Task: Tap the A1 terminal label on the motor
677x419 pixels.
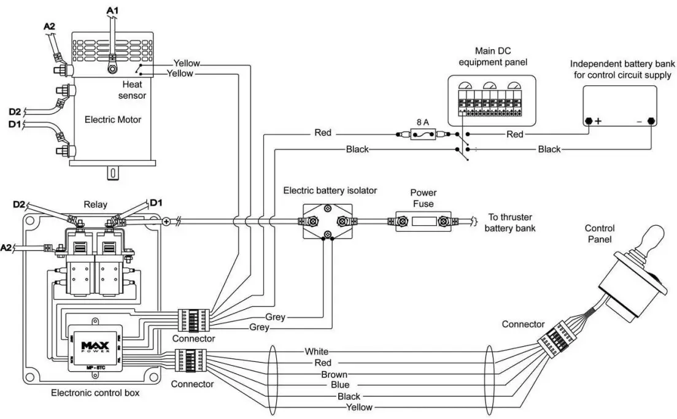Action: [113, 10]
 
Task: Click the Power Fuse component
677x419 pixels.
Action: [423, 221]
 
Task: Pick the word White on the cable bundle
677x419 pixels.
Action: [317, 352]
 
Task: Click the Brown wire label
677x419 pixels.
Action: [334, 374]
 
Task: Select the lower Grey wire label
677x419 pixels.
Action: [258, 328]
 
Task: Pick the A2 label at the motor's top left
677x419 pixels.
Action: [49, 26]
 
